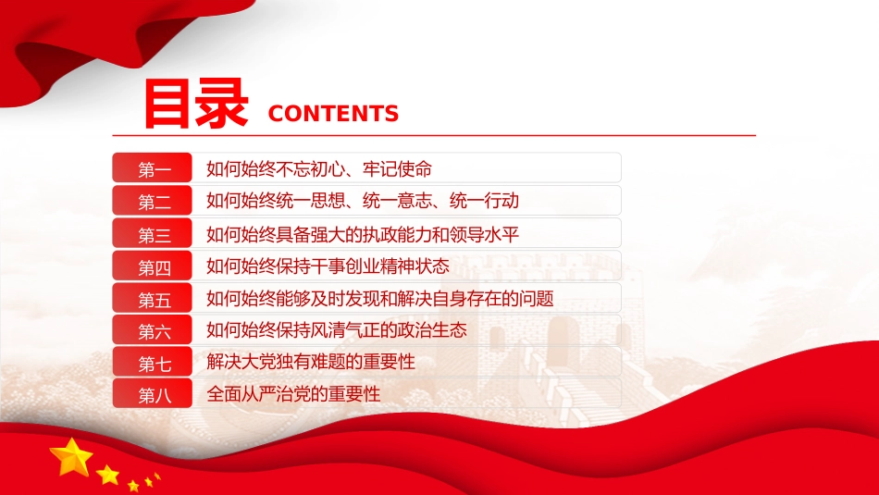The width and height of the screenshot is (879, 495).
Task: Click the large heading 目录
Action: click(196, 104)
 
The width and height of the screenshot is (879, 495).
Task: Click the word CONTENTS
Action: click(333, 114)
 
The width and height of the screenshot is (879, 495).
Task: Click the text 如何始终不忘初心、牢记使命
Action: click(319, 168)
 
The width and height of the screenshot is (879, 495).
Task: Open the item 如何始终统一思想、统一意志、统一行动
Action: click(363, 201)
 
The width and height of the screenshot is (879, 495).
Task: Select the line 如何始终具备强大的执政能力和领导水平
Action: click(363, 234)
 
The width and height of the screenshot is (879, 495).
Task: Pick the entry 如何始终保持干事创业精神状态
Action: click(328, 266)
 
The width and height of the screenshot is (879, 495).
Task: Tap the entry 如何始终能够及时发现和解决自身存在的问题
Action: click(380, 298)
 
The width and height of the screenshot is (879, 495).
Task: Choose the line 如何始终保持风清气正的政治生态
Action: click(337, 329)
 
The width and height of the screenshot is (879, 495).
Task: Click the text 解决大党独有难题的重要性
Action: click(311, 362)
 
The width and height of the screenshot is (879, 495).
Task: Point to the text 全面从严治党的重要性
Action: click(293, 393)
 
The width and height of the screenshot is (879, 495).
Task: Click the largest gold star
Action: click(71, 457)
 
